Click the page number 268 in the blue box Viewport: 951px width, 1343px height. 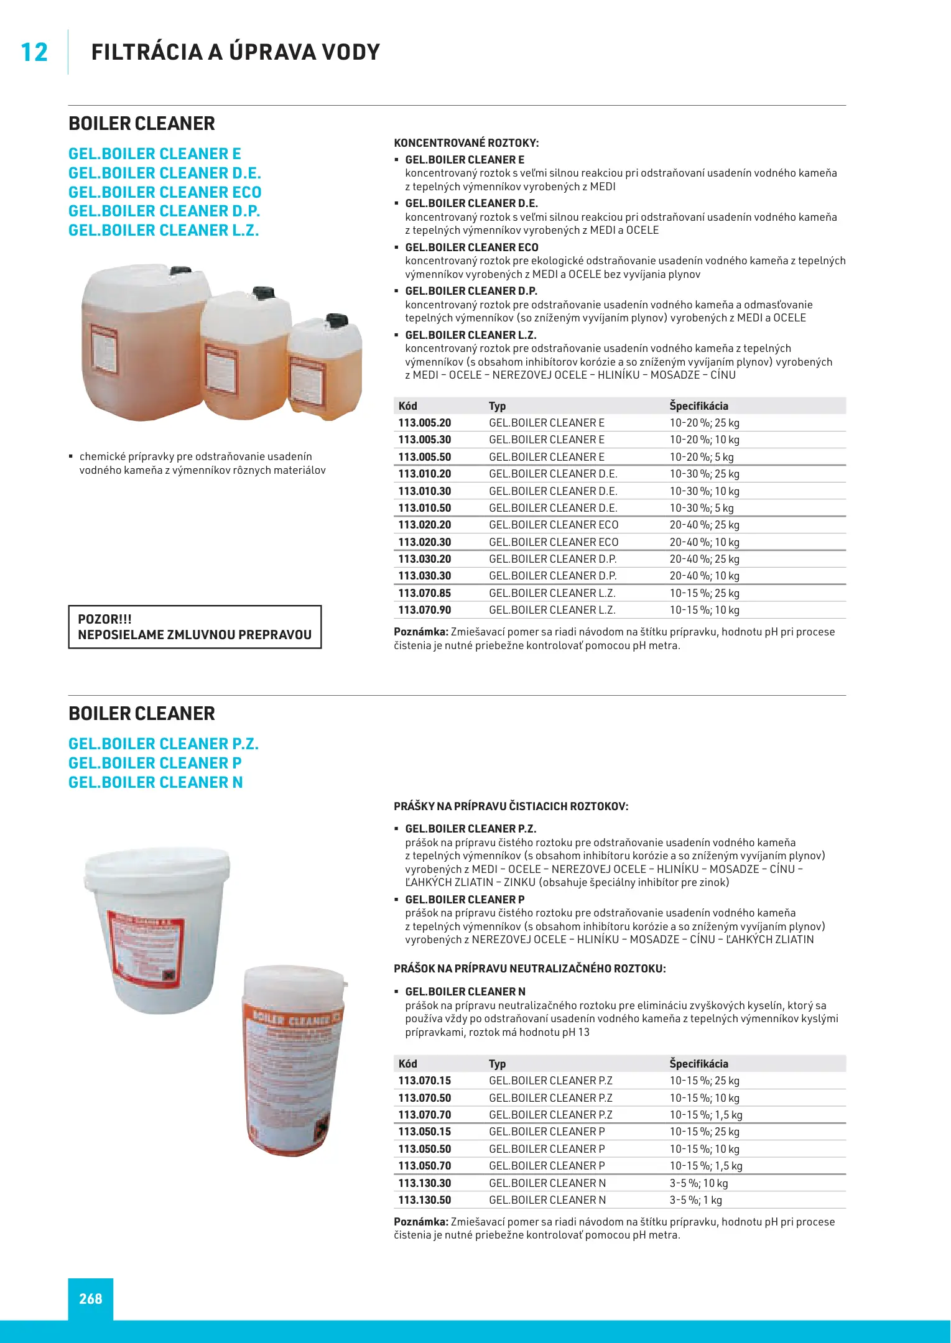click(90, 1298)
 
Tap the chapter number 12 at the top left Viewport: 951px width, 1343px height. click(34, 52)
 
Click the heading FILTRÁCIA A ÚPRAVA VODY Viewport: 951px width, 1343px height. click(235, 52)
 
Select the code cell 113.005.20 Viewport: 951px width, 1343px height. click(424, 423)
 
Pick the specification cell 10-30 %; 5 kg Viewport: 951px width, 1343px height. click(701, 508)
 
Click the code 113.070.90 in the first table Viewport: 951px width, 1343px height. click(424, 610)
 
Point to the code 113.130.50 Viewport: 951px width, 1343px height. click(424, 1200)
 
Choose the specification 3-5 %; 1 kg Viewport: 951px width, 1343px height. click(695, 1200)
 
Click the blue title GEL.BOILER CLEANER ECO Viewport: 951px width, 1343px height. click(165, 192)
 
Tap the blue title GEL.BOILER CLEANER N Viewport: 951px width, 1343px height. click(155, 782)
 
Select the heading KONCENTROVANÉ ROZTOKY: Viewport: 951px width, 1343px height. click(466, 143)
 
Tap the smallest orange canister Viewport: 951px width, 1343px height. click(325, 370)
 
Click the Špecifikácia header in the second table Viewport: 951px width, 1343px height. click(698, 1064)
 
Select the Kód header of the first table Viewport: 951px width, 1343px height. click(407, 406)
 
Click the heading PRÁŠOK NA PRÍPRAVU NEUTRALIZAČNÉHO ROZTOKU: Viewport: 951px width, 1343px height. click(529, 969)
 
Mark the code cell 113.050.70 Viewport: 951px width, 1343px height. click(424, 1166)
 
